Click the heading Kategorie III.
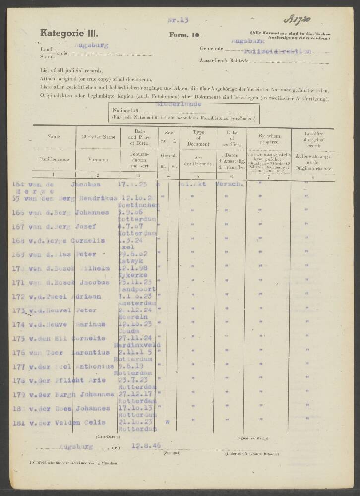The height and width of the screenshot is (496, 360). [x=69, y=34]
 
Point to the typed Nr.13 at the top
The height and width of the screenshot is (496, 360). [x=179, y=20]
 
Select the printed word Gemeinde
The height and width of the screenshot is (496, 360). [x=211, y=49]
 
